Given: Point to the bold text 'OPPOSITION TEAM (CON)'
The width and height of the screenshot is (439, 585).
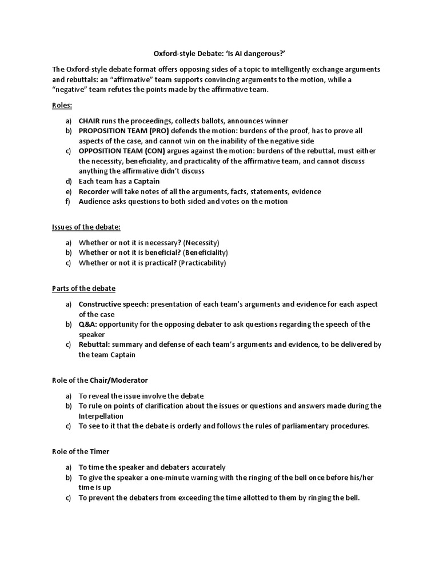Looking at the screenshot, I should (x=116, y=151).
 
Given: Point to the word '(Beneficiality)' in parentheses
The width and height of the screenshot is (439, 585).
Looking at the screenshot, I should (x=204, y=253).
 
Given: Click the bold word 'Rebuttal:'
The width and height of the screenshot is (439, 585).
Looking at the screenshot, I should (x=94, y=344).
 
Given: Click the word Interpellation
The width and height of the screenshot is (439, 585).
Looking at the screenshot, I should (x=101, y=416).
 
